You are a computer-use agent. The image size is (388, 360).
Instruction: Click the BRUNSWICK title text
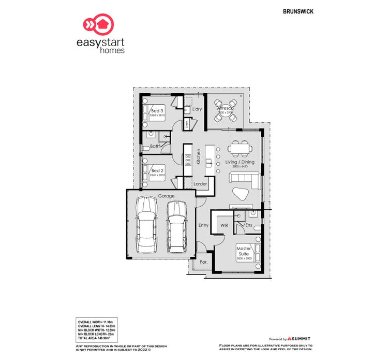[299, 11]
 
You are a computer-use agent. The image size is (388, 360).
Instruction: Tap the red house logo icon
[97, 24]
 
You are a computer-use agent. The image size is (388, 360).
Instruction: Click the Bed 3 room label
[157, 111]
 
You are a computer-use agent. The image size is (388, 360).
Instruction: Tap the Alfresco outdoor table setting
[226, 110]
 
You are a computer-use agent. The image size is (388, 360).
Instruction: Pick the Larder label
[200, 184]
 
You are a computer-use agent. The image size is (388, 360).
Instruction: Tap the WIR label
[224, 226]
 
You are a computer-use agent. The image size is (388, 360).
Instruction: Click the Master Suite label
[244, 251]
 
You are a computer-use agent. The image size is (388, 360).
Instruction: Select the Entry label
[203, 225]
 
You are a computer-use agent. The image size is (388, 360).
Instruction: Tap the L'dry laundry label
[197, 110]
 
